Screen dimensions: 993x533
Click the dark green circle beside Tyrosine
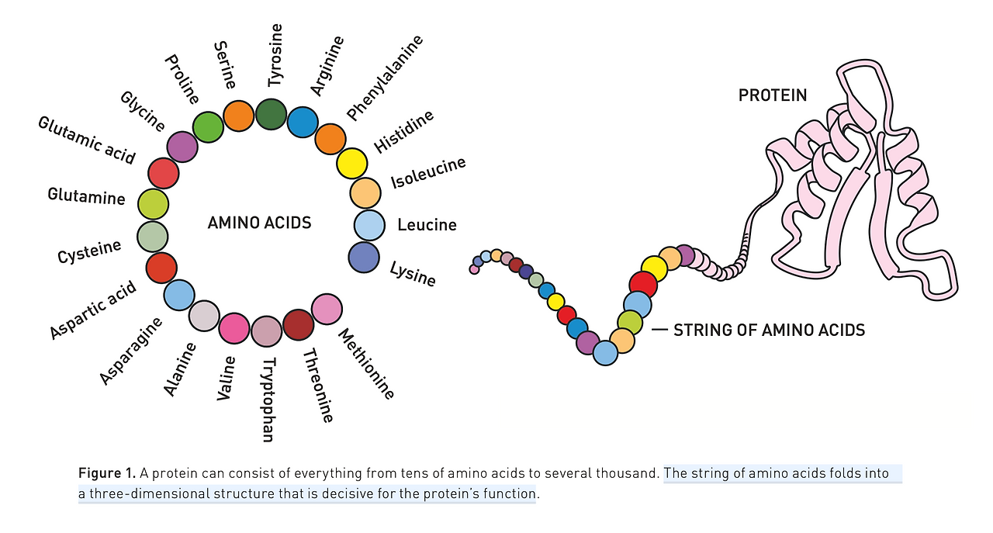(271, 114)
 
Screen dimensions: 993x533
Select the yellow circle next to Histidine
(352, 164)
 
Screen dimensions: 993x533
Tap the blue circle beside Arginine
(303, 122)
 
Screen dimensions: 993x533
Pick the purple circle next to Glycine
(182, 147)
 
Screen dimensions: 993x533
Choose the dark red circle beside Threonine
(299, 325)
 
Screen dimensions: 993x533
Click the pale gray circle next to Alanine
(204, 316)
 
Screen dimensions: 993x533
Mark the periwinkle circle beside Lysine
(364, 258)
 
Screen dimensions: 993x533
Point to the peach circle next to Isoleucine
(365, 193)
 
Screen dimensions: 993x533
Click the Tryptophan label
(268, 400)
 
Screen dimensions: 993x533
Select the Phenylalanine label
(385, 78)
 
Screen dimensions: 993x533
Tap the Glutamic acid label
(87, 140)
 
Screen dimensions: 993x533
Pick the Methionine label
(366, 365)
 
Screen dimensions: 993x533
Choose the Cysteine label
(89, 251)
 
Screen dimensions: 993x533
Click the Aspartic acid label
(92, 310)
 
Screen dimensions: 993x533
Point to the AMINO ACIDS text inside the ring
(259, 223)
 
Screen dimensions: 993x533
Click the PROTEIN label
(773, 95)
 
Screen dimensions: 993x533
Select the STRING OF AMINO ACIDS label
(769, 331)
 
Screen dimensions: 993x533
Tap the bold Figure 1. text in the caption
(107, 473)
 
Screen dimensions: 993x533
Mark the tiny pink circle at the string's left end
(474, 269)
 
